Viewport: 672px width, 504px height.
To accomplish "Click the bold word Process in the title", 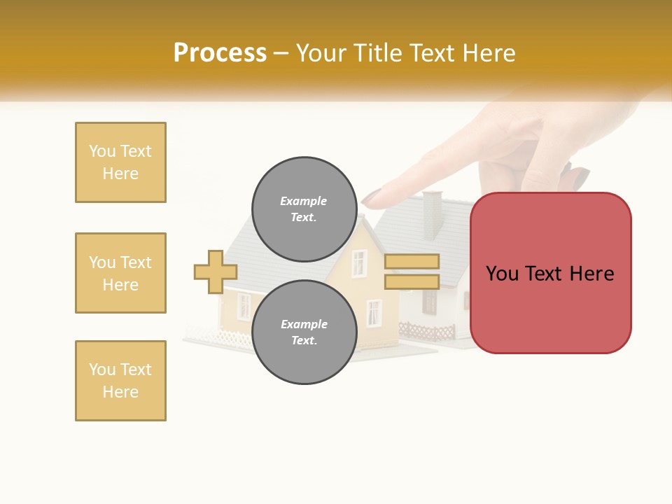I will (x=220, y=53).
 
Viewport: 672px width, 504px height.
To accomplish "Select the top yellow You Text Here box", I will (x=120, y=162).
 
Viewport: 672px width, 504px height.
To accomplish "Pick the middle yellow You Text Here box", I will (x=120, y=273).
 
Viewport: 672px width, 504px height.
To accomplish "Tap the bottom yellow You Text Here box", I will (x=120, y=381).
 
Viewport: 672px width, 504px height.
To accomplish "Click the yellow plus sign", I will (x=216, y=272).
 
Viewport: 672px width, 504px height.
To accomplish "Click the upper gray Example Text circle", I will (x=304, y=209).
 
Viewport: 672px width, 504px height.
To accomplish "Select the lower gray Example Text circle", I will (x=304, y=332).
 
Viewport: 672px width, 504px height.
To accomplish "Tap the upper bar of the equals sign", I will (x=412, y=262).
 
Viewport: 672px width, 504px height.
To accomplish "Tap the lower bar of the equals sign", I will (x=412, y=281).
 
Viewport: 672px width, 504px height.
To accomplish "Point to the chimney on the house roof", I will (x=433, y=214).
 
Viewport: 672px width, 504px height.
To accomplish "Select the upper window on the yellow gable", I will (x=359, y=263).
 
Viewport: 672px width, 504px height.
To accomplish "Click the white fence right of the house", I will (x=427, y=330).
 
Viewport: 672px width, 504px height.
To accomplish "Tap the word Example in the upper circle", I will (x=304, y=201).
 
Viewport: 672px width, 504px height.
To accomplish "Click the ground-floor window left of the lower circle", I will (x=244, y=306).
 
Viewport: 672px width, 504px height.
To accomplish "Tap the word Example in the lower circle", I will (x=304, y=324).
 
